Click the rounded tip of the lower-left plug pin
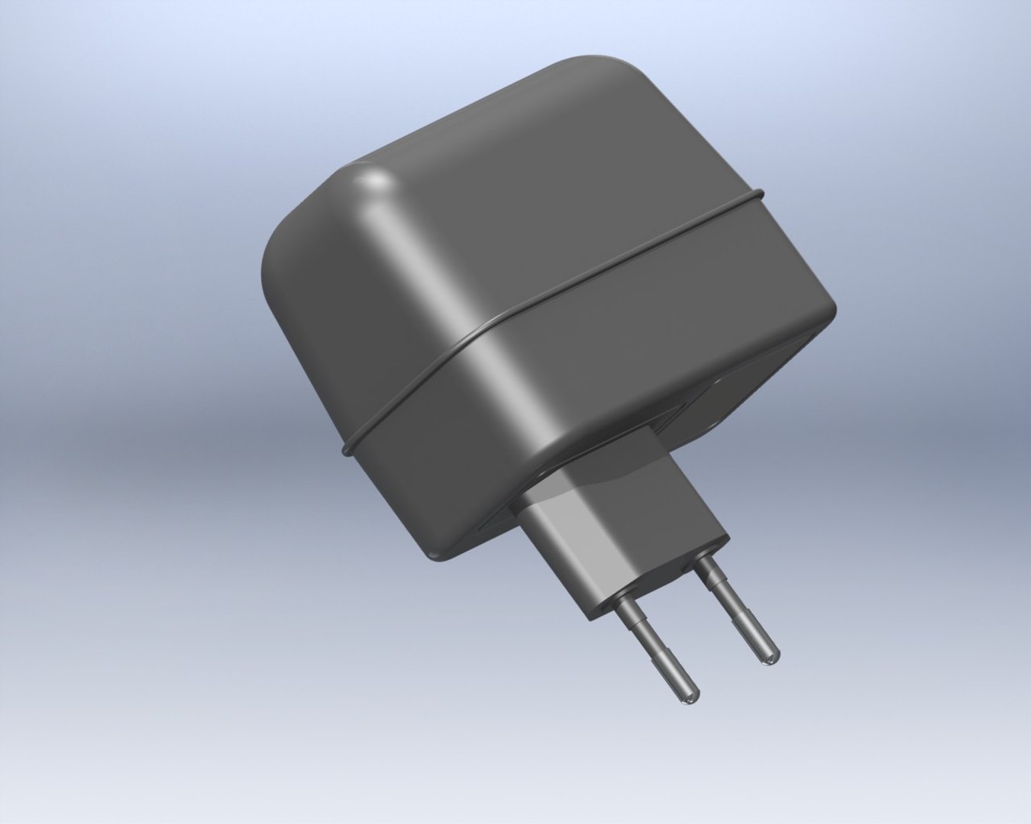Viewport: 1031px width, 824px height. (x=690, y=696)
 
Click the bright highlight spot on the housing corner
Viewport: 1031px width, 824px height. (x=374, y=183)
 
